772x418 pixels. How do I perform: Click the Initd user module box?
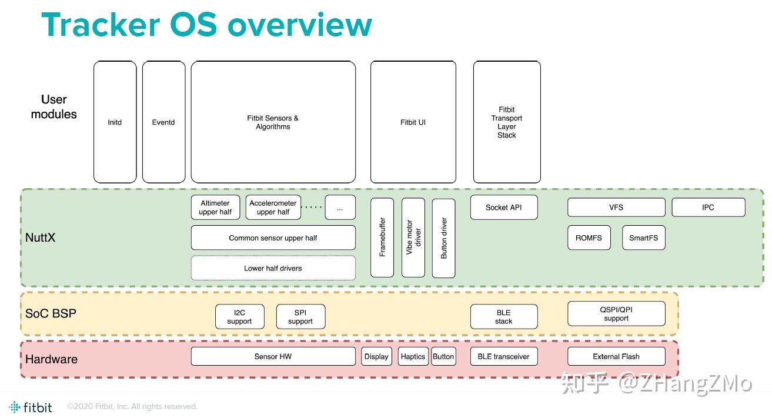(115, 122)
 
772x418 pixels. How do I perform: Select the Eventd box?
(163, 122)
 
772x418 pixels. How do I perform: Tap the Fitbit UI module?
(413, 122)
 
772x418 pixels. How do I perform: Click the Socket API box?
(504, 208)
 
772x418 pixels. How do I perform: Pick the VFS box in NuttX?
(616, 208)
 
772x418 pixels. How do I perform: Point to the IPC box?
(708, 208)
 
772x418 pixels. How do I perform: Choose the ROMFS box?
(589, 238)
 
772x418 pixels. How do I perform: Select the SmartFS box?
(644, 238)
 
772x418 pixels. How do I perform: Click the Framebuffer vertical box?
(382, 238)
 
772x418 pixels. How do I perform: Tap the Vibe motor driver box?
(413, 238)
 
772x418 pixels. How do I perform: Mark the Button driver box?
(443, 238)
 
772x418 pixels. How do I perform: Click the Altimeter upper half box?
(215, 208)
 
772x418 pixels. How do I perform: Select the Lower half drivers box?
(273, 268)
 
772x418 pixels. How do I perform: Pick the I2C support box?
(240, 317)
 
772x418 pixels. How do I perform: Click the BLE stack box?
(504, 317)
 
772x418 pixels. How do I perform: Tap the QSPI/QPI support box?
(616, 313)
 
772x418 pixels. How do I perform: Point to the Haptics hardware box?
(413, 356)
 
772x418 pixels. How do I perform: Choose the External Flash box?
(616, 356)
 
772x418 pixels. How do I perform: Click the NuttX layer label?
(40, 238)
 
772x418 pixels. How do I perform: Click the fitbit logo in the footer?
(31, 407)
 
